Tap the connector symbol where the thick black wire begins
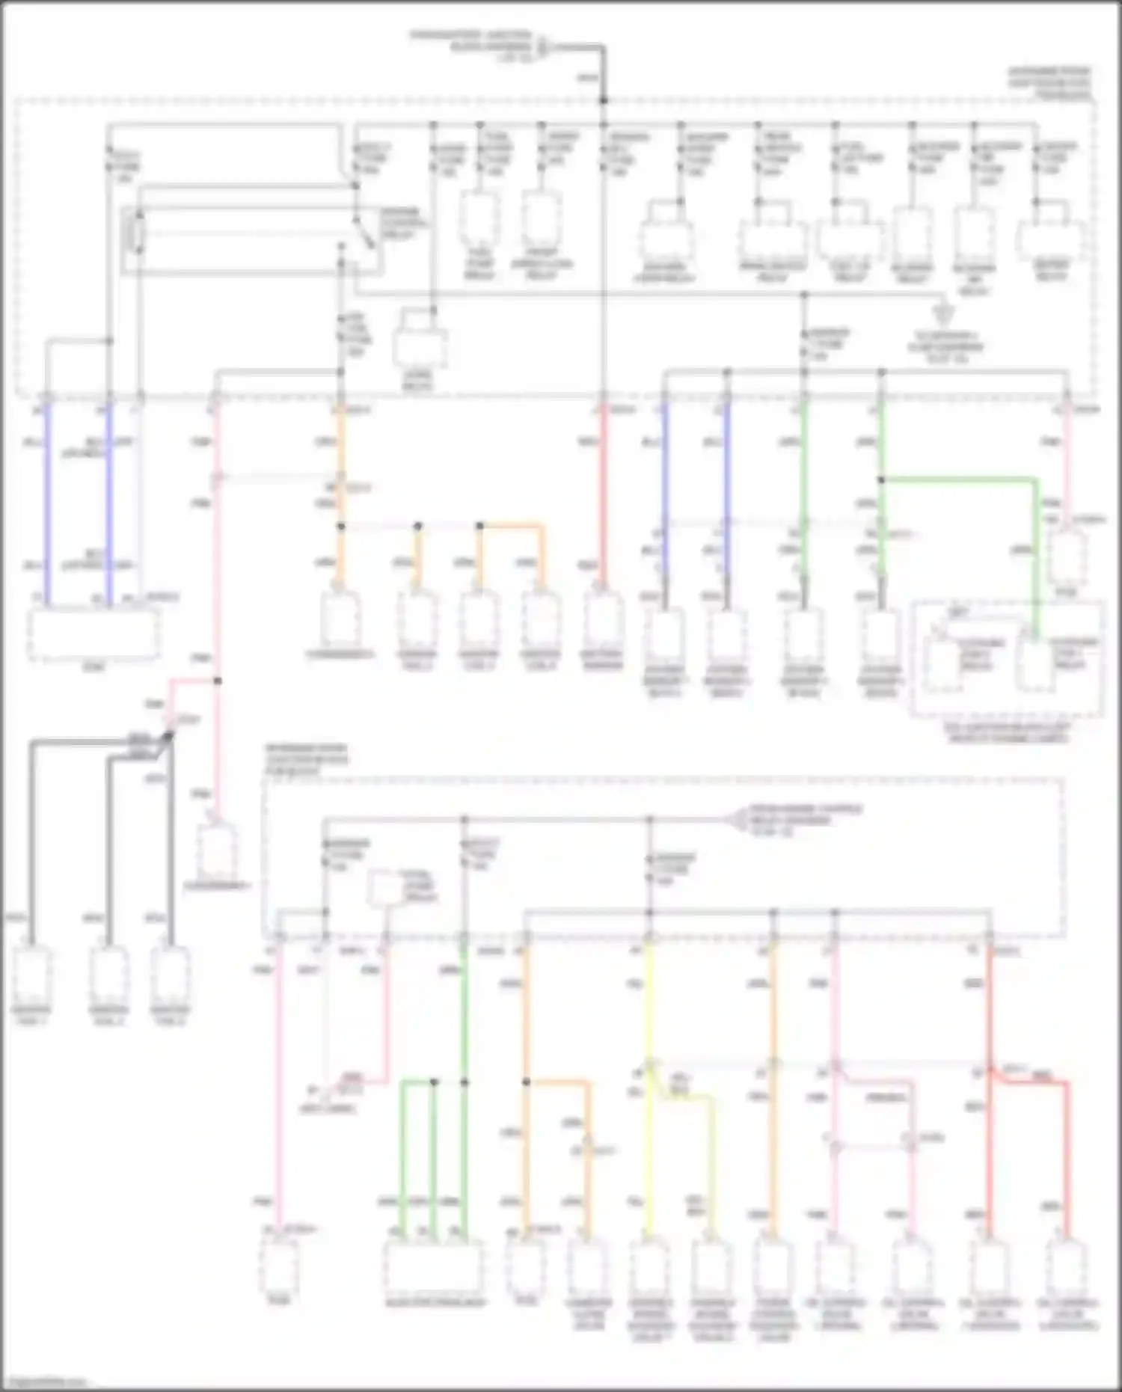coord(543,47)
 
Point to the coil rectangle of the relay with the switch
coord(138,231)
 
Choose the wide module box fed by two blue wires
coord(93,634)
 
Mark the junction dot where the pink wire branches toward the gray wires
coord(218,681)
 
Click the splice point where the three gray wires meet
coord(169,737)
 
